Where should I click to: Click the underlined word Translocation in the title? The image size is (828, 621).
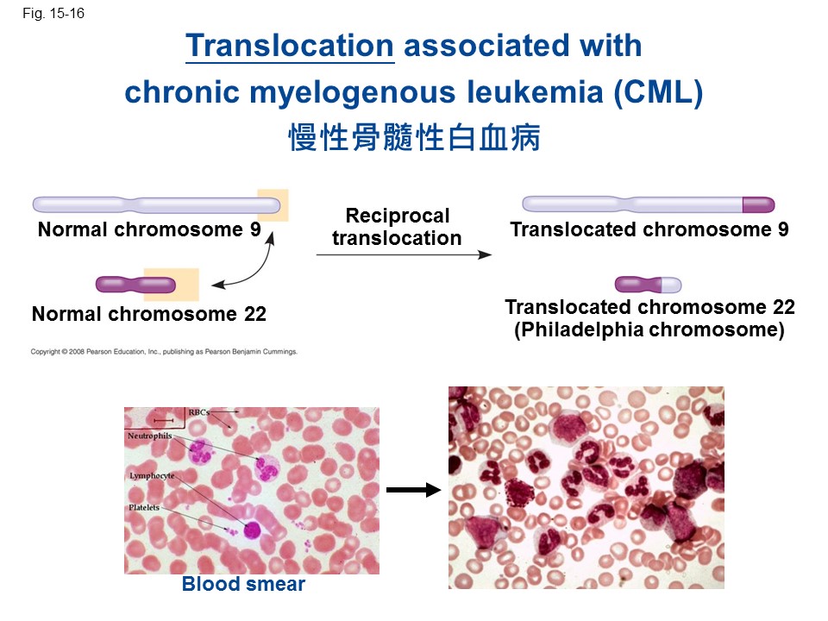click(290, 46)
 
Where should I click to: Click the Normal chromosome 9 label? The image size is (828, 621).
click(149, 230)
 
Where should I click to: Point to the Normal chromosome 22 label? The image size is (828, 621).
click(149, 314)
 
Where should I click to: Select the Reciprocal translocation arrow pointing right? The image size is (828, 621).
click(403, 254)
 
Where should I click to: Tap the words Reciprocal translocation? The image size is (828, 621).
click(397, 227)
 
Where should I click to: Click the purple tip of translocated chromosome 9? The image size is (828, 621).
click(758, 205)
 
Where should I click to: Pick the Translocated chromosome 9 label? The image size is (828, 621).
click(649, 230)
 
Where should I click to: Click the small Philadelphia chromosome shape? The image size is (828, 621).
click(648, 285)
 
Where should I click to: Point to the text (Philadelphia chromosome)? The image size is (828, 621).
click(649, 330)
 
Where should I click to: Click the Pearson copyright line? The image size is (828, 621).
click(164, 352)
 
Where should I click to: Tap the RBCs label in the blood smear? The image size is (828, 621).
click(198, 413)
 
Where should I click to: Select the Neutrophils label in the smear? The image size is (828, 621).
click(150, 437)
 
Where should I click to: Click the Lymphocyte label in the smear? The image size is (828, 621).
click(152, 475)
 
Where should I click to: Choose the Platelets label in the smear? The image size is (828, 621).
click(145, 508)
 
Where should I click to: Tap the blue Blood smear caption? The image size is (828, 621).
click(243, 585)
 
